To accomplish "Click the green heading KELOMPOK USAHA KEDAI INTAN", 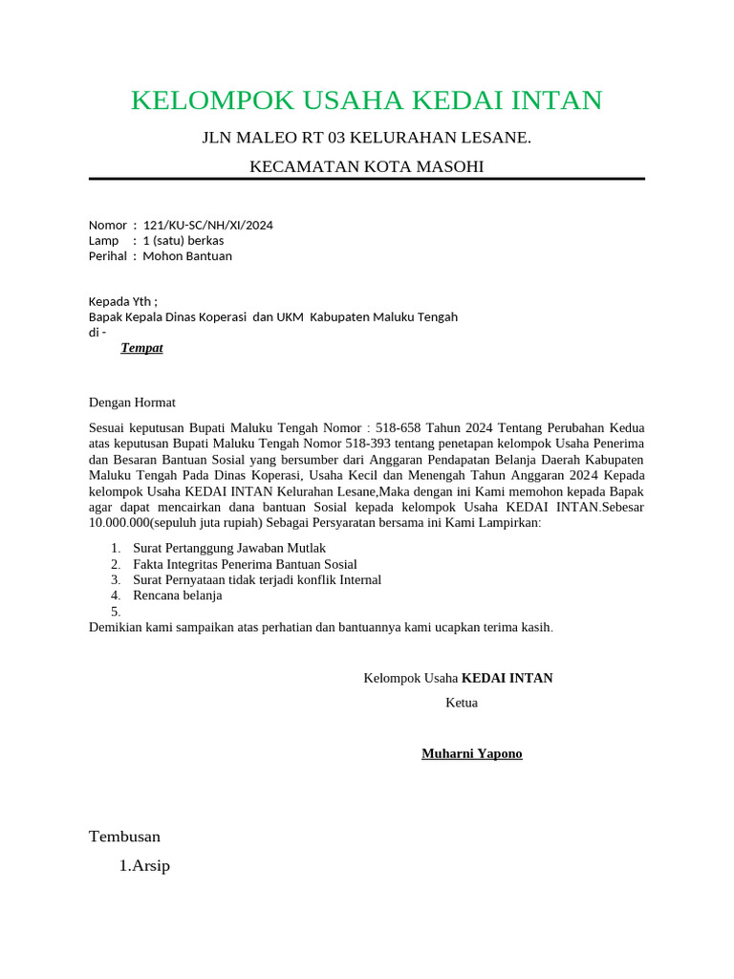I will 366,100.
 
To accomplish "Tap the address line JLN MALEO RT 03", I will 366,139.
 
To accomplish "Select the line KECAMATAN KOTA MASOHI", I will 366,167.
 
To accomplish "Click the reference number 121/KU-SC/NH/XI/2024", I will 207,226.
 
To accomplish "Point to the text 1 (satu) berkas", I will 183,241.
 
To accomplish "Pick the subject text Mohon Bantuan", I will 187,256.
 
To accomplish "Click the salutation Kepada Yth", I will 123,301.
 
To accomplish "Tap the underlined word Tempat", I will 141,348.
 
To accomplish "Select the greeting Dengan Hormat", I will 132,402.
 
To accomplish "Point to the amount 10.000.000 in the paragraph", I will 122,524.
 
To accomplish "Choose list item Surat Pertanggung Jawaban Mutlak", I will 229,548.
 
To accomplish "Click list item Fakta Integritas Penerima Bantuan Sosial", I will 245,564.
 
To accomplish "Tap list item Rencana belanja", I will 178,595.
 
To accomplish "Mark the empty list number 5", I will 116,611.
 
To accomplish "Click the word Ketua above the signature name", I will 462,703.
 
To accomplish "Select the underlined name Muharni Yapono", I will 472,754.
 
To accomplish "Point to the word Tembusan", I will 124,837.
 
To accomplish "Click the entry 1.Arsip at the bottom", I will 144,867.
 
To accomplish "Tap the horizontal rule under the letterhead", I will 366,179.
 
